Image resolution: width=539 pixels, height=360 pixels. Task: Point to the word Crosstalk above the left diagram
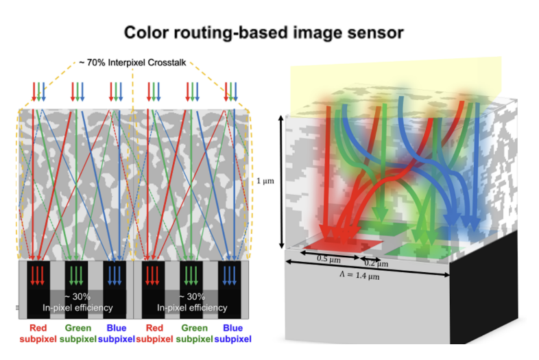167,62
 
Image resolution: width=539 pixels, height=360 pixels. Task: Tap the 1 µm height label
265,181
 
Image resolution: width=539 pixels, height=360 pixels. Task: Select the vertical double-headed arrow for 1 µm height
281,182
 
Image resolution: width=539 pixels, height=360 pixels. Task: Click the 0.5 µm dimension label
328,259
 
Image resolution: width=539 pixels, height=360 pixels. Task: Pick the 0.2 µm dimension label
376,263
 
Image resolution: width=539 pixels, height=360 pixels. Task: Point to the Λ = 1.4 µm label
359,275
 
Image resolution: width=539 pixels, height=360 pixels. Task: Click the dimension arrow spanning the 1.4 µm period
368,268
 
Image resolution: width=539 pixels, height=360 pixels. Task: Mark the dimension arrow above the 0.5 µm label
330,255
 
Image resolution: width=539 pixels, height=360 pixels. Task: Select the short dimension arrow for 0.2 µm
370,259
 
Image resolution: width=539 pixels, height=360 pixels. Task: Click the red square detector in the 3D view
343,243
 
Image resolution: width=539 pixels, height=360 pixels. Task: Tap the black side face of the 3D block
483,288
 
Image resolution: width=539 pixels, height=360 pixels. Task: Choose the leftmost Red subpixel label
38,333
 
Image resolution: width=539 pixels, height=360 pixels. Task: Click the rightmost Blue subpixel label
232,333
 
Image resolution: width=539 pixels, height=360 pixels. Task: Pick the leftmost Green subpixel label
77,333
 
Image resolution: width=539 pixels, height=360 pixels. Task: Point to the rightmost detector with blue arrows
229,289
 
